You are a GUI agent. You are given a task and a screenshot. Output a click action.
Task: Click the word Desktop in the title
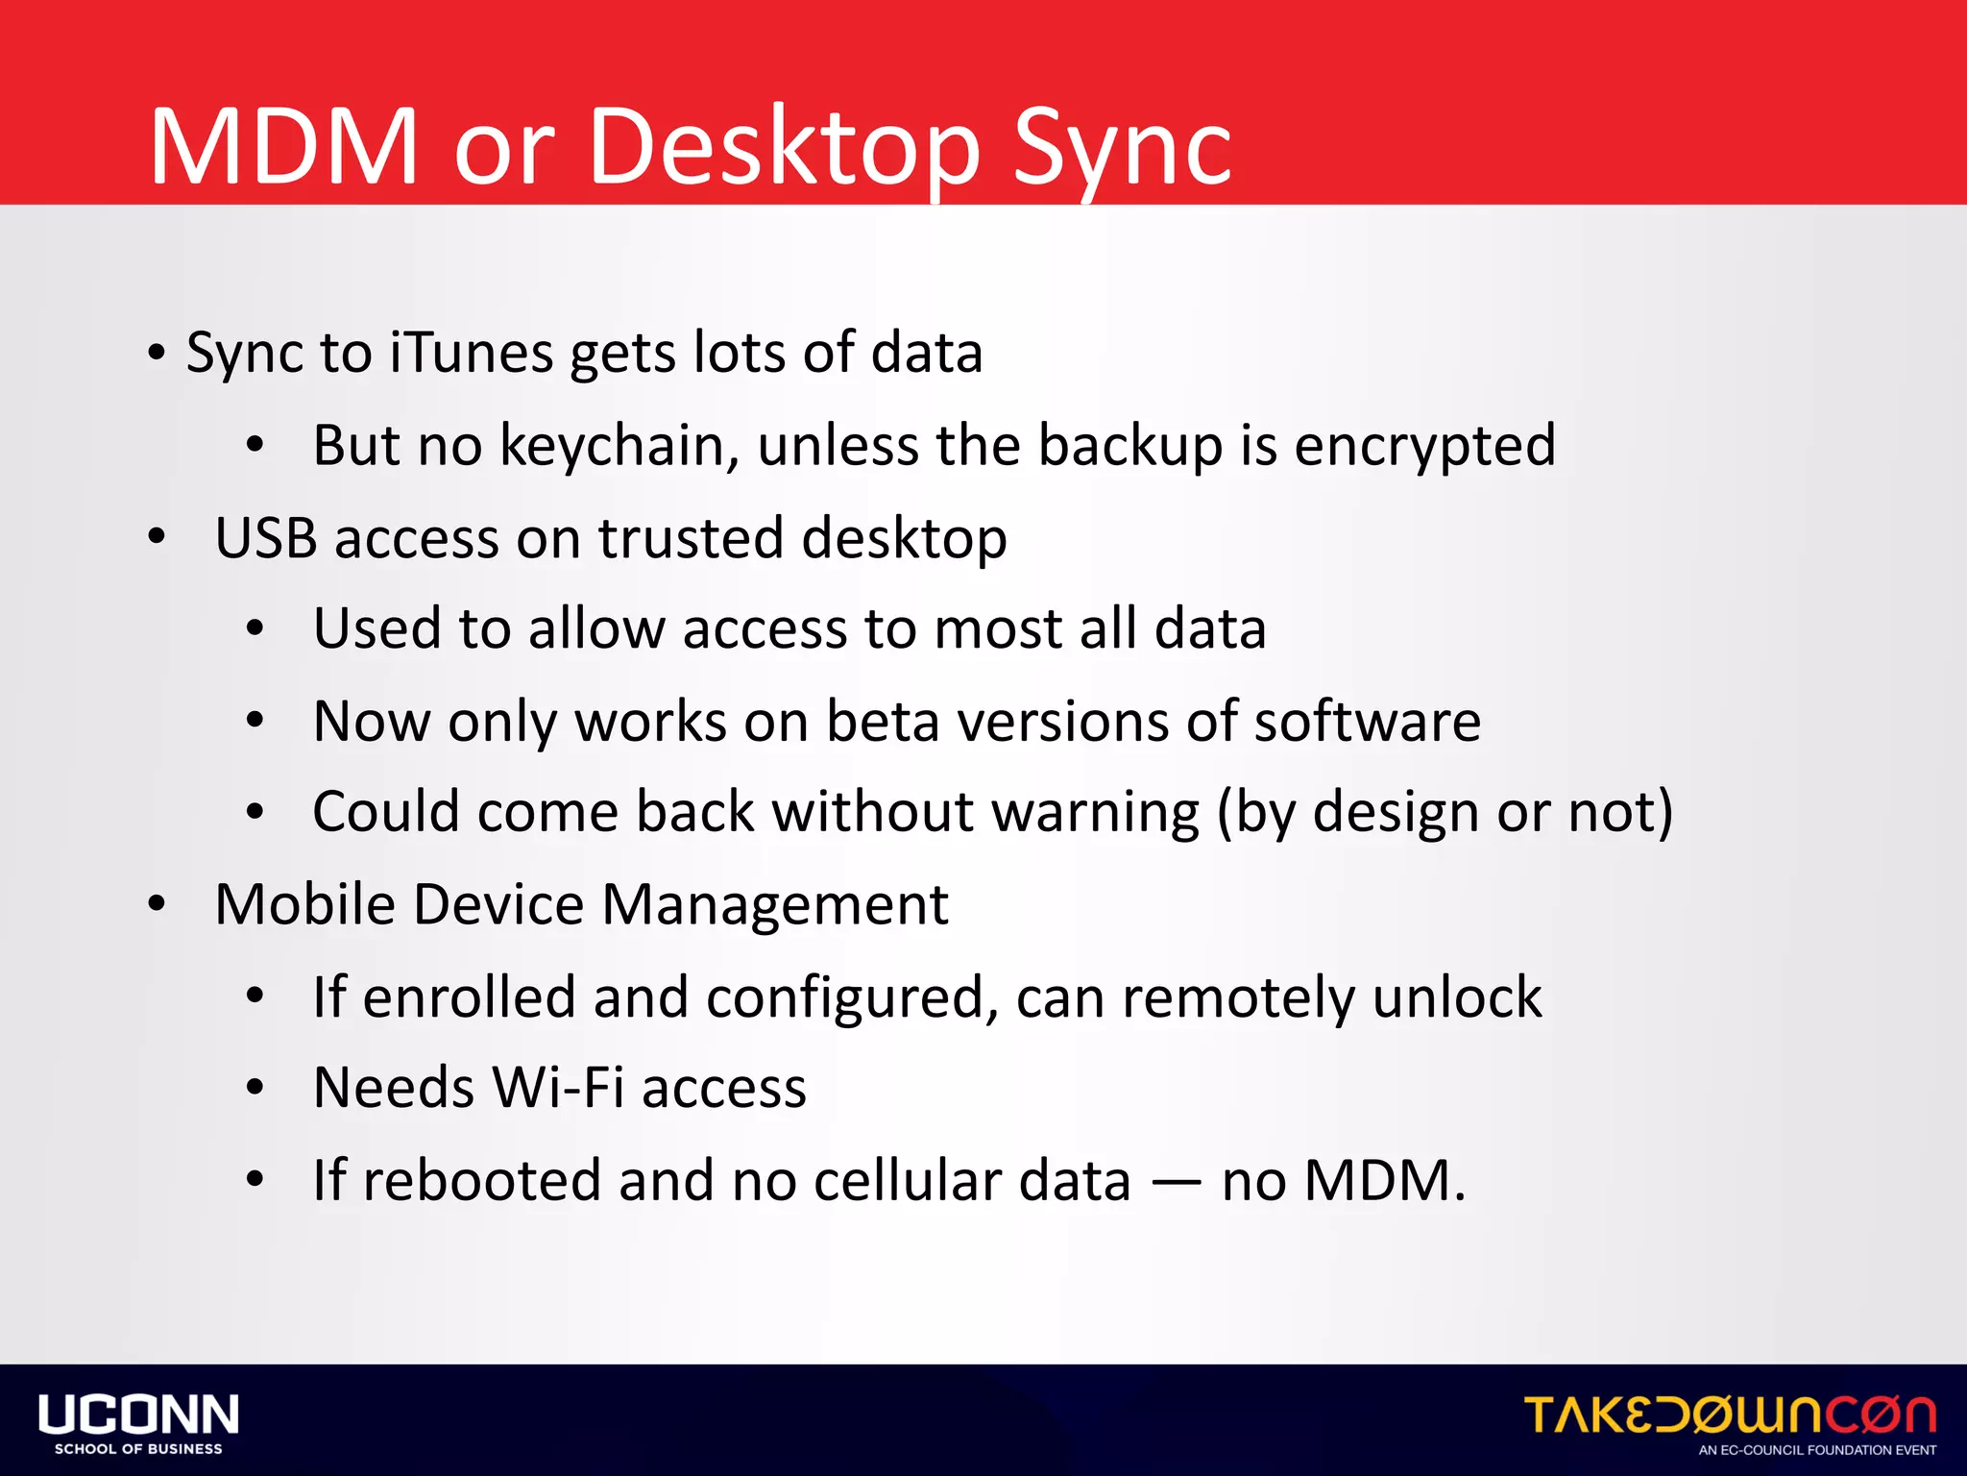tap(783, 149)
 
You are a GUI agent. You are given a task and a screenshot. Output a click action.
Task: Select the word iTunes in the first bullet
tap(471, 353)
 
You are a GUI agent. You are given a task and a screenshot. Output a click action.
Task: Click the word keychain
tap(619, 446)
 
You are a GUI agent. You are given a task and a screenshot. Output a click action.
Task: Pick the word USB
tap(265, 537)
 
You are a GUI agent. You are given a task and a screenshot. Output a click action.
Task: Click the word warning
tap(1095, 812)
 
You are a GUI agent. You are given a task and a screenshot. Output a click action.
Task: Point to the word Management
tap(775, 904)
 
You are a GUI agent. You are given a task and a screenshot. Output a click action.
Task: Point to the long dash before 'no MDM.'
tap(1176, 1183)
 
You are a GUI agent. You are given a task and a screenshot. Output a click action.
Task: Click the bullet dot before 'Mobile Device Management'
tap(158, 904)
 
